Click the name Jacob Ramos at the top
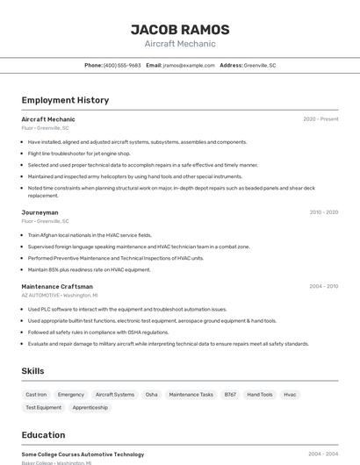pyautogui.click(x=180, y=30)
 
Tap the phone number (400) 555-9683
pyautogui.click(x=122, y=66)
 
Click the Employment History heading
pyautogui.click(x=65, y=100)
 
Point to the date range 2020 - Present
pyautogui.click(x=320, y=119)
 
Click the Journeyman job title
pyautogui.click(x=40, y=212)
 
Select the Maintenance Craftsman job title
pyautogui.click(x=57, y=287)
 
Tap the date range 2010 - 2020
pyautogui.click(x=323, y=212)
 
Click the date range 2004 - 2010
pyautogui.click(x=323, y=287)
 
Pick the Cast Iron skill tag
pyautogui.click(x=37, y=395)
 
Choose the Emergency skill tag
pyautogui.click(x=71, y=395)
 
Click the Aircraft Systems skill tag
pyautogui.click(x=115, y=395)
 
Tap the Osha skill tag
pyautogui.click(x=152, y=395)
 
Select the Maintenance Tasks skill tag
pyautogui.click(x=191, y=395)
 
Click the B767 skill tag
pyautogui.click(x=230, y=395)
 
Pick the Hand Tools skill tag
pyautogui.click(x=260, y=395)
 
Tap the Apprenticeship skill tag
pyautogui.click(x=90, y=408)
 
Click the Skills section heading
pyautogui.click(x=32, y=371)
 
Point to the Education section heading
pyautogui.click(x=43, y=435)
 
